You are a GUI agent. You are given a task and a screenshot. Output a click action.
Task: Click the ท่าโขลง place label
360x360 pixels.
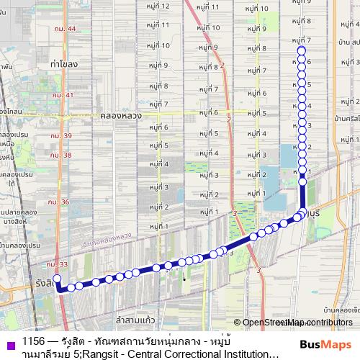coord(64,64)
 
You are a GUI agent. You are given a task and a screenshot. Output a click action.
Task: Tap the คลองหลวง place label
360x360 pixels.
coord(120,114)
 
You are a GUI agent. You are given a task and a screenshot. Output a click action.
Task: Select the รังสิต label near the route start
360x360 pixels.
coord(43,283)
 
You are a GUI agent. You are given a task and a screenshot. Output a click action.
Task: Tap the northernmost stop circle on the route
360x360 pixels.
coord(302,50)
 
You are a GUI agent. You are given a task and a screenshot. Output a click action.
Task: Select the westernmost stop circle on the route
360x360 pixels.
coord(57,278)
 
